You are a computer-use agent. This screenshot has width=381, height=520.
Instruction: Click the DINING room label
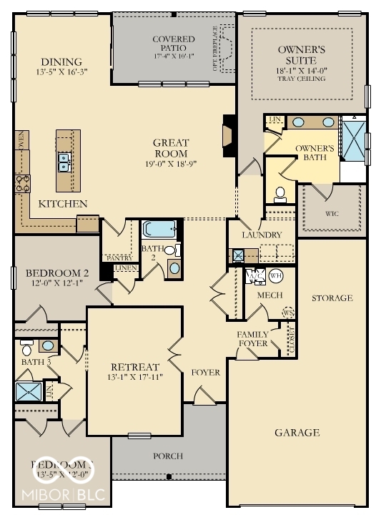pos(61,62)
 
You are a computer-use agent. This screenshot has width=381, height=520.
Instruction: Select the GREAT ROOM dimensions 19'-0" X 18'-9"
pos(170,164)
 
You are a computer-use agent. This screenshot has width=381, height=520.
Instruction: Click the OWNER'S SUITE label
pos(301,54)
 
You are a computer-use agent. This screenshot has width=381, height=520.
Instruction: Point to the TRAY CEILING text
pos(301,78)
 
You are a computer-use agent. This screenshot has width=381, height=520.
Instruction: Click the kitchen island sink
pos(64,163)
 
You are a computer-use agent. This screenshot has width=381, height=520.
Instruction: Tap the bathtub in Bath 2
pos(158,229)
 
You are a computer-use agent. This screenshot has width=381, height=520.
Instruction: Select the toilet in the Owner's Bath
pos(280,193)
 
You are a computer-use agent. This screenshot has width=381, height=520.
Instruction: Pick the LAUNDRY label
pos(261,235)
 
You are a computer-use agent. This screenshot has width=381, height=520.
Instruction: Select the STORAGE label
pos(332,298)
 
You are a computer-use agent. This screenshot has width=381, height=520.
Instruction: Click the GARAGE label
pos(297,432)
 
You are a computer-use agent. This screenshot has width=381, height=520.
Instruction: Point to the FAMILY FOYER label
pos(253,338)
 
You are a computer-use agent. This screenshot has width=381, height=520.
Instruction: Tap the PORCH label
pos(168,456)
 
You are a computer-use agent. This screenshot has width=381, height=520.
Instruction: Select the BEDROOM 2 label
pos(57,273)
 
